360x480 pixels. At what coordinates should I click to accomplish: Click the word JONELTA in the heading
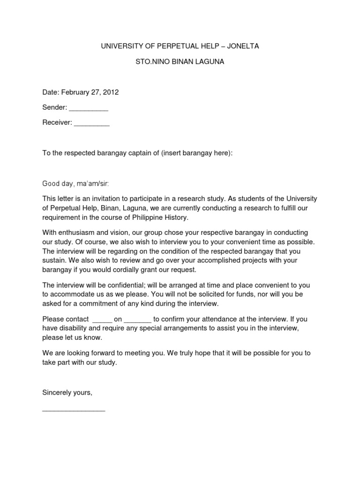tap(242, 46)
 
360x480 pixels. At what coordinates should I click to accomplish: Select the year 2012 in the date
tap(111, 92)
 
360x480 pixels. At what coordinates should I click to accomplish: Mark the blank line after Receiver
tap(92, 123)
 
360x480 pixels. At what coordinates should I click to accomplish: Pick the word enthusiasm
tap(77, 232)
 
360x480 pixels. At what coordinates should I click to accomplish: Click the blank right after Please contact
tap(102, 320)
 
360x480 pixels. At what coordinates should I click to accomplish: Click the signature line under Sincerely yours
tap(74, 409)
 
